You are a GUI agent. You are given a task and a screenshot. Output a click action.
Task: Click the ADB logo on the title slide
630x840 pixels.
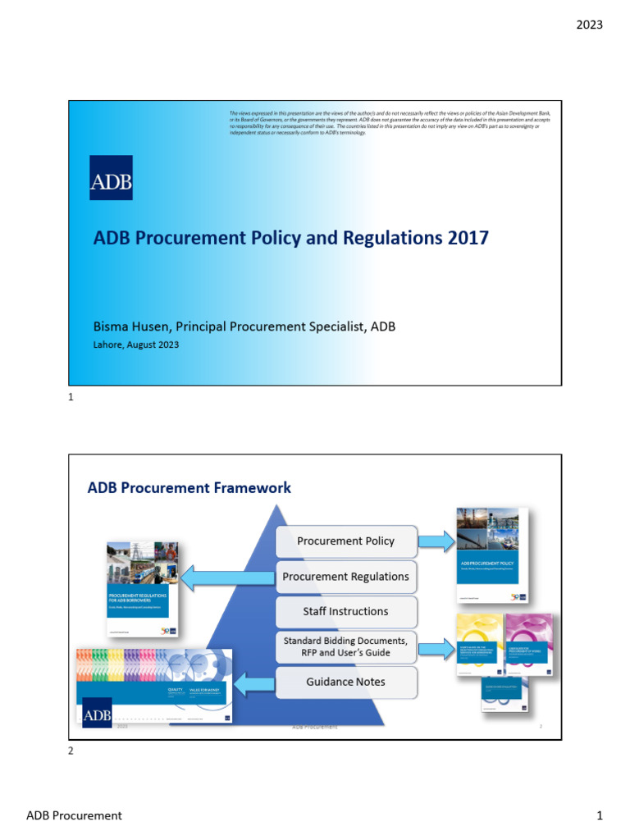pyautogui.click(x=111, y=177)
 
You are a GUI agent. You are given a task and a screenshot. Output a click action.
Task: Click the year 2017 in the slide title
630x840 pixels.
pyautogui.click(x=468, y=238)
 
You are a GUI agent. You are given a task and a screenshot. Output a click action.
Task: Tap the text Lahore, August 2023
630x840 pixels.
pyautogui.click(x=135, y=345)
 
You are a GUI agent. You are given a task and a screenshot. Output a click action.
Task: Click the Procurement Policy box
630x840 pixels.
pyautogui.click(x=345, y=541)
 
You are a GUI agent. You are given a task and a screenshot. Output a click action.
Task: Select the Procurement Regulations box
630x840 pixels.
pyautogui.click(x=345, y=577)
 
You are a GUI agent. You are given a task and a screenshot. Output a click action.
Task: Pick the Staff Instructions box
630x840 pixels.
pyautogui.click(x=345, y=611)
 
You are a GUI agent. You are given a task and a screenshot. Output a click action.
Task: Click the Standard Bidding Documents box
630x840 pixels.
pyautogui.click(x=345, y=646)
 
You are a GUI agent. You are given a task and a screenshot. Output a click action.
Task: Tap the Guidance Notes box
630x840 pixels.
pyautogui.click(x=345, y=682)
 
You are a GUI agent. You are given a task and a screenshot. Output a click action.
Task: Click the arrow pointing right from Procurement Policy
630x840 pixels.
pyautogui.click(x=436, y=541)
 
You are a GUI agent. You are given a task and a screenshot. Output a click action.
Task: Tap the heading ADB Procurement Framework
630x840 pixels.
pyautogui.click(x=189, y=488)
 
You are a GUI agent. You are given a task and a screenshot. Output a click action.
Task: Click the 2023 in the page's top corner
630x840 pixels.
pyautogui.click(x=589, y=25)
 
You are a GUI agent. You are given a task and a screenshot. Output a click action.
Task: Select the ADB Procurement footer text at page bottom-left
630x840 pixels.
pyautogui.click(x=74, y=815)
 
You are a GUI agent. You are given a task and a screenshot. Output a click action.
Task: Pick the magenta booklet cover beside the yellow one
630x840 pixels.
pyautogui.click(x=528, y=643)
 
